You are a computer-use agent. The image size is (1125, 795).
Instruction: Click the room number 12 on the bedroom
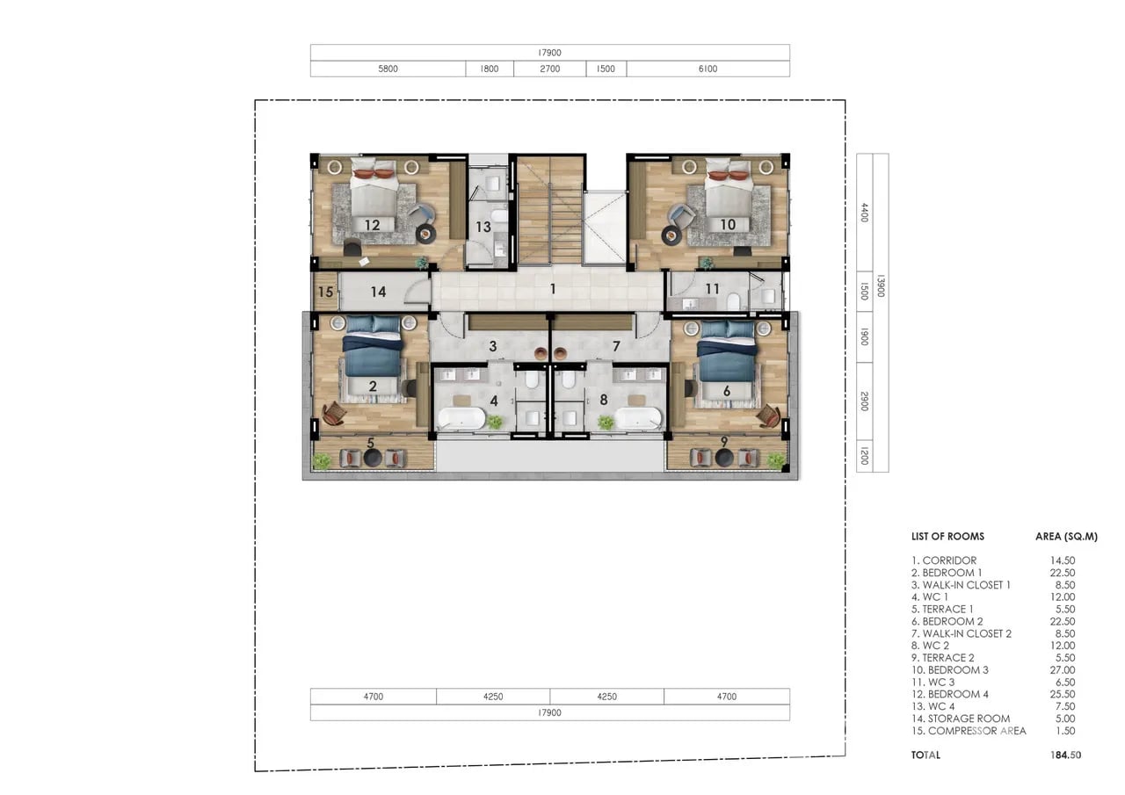tap(372, 225)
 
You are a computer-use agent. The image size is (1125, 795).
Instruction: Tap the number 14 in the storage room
tap(378, 292)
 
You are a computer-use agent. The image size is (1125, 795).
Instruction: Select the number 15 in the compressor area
tap(325, 292)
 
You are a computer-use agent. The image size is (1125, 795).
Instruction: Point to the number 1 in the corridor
tap(553, 289)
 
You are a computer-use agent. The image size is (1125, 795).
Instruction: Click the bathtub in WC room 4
tap(461, 418)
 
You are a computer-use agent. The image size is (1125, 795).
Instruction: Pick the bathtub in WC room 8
tap(638, 418)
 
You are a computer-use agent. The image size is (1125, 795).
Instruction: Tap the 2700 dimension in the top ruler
tap(550, 69)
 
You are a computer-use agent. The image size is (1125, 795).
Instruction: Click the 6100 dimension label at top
tap(708, 69)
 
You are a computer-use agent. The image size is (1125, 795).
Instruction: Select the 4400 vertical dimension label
tap(864, 213)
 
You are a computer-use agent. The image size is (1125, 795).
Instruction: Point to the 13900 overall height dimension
tap(881, 285)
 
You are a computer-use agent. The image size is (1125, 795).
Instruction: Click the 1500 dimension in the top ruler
tap(606, 69)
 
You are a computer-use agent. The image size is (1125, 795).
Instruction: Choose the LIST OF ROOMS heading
tap(947, 536)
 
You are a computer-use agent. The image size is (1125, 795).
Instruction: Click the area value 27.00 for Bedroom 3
tap(1063, 670)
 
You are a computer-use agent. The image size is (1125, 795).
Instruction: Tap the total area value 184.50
tap(1066, 755)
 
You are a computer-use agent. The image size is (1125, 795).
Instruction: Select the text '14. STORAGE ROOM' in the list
tap(961, 719)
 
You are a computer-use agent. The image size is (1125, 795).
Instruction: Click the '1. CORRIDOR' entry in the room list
tap(944, 560)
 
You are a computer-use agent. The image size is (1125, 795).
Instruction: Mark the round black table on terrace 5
tap(373, 458)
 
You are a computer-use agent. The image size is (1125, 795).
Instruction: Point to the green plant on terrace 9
tap(776, 459)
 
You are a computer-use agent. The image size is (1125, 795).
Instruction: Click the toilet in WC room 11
tap(733, 301)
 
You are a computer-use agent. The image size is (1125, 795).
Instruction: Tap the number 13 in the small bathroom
tap(483, 227)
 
